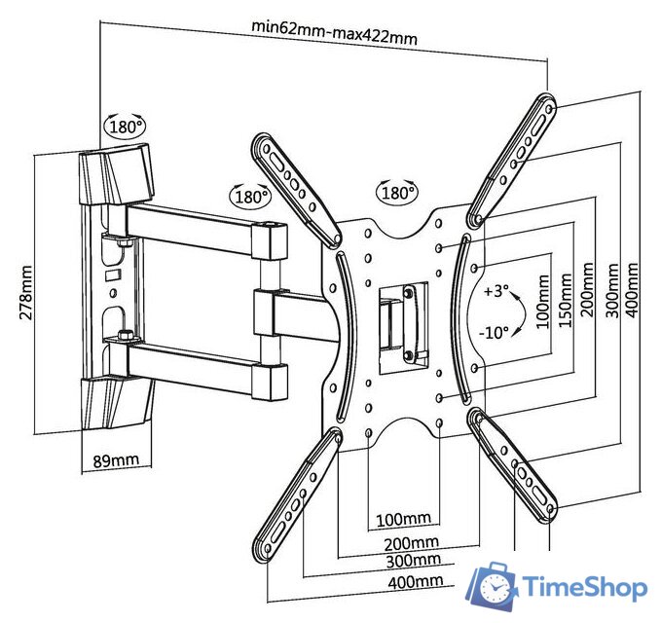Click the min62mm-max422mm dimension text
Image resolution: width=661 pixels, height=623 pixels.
(x=334, y=39)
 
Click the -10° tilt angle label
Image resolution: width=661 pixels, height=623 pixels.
(x=494, y=332)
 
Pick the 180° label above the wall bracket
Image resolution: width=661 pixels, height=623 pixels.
(x=127, y=126)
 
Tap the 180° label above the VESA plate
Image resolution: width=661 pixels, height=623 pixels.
(x=397, y=193)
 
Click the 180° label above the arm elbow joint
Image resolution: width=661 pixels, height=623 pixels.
(x=250, y=197)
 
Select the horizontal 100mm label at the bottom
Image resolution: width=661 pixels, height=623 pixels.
(x=404, y=517)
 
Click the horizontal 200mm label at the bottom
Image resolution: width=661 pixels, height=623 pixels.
(x=410, y=542)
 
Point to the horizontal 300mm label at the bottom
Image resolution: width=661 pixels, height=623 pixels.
(x=411, y=561)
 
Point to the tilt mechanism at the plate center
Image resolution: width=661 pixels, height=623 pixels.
(x=402, y=317)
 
